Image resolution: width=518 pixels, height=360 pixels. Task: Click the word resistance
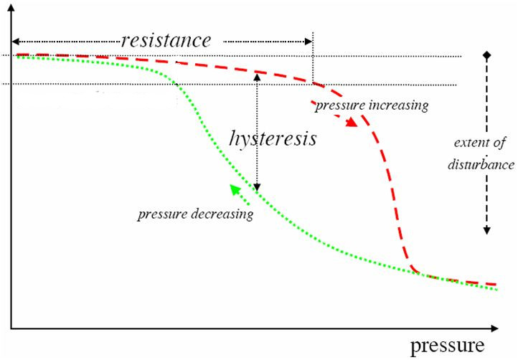coord(166,39)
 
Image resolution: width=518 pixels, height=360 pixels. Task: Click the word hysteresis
coord(273,138)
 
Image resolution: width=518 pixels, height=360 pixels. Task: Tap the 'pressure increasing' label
coord(371,105)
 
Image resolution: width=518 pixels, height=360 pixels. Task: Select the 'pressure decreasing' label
coord(195,214)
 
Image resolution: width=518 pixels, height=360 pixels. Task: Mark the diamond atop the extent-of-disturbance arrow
coord(486,55)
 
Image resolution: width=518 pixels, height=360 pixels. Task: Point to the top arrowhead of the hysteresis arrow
coord(257,76)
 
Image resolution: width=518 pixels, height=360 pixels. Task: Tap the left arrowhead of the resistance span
coord(15,39)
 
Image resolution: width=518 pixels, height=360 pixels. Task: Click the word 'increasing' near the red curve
coord(397,105)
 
